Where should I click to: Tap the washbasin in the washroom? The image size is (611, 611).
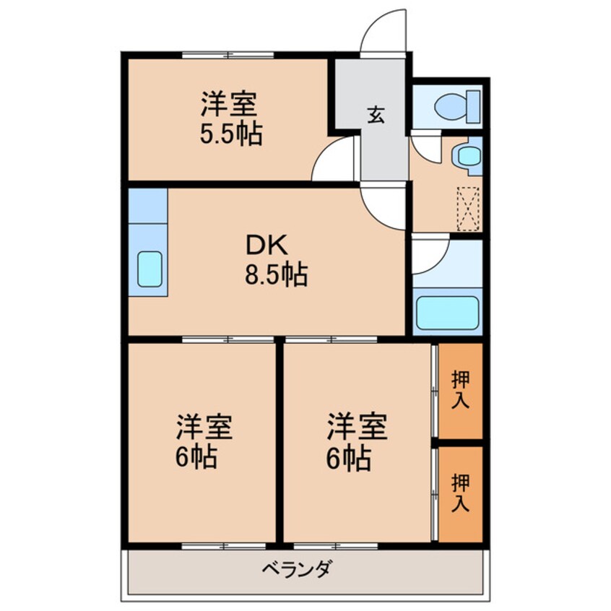tap(469, 155)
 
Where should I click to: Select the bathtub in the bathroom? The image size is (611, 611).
tap(448, 312)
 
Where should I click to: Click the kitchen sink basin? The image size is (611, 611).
tap(149, 269)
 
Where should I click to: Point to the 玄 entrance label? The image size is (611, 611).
tap(376, 114)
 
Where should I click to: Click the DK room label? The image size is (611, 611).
tap(267, 247)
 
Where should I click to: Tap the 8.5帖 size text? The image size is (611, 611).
tap(277, 275)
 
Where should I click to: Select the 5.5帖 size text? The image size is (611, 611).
tap(230, 134)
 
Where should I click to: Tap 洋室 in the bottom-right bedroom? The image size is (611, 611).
tap(357, 426)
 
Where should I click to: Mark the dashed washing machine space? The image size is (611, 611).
tap(468, 209)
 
